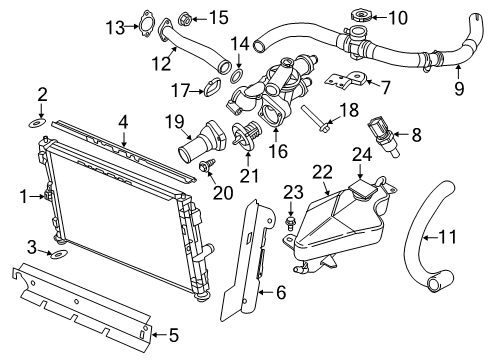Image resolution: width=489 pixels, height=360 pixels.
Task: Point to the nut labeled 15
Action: click(x=186, y=16)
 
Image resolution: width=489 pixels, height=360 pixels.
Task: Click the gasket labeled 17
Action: click(x=212, y=91)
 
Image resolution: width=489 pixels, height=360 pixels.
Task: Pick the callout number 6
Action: click(x=281, y=293)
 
